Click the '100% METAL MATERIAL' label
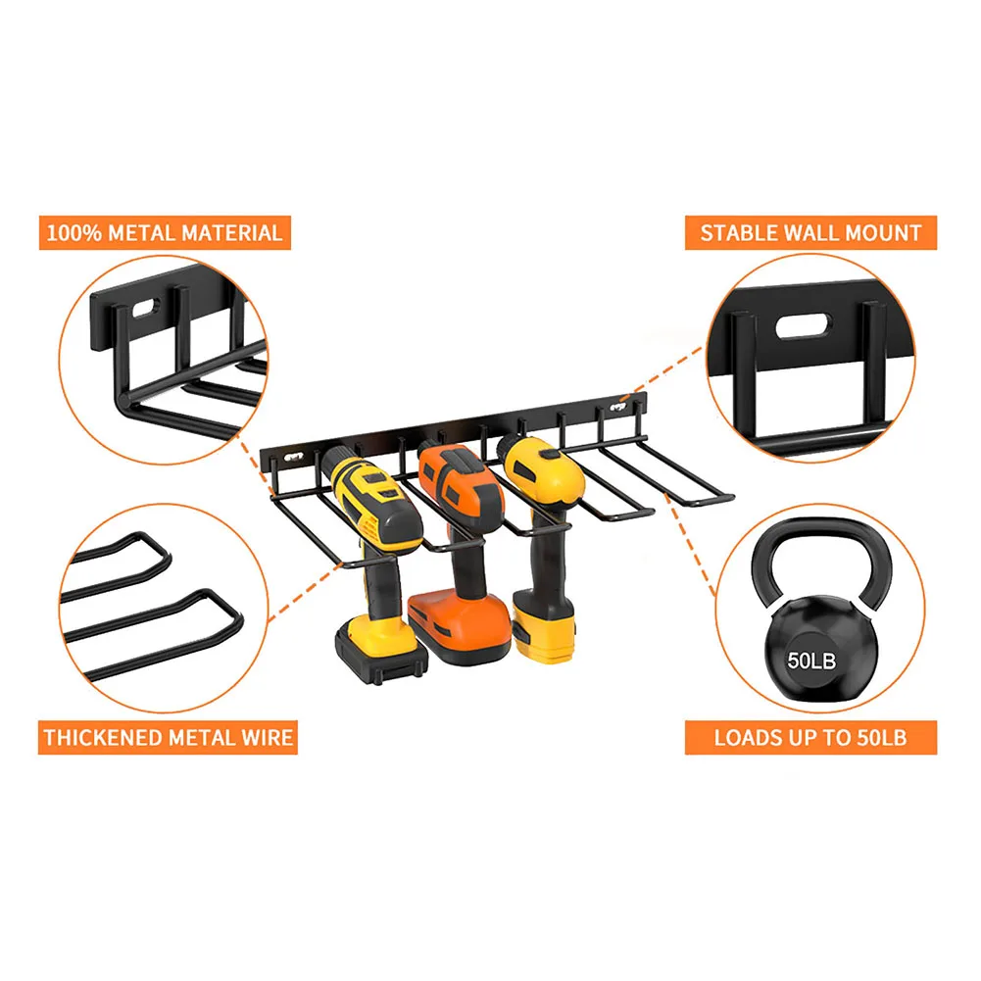pyautogui.click(x=166, y=232)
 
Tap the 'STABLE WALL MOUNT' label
pyautogui.click(x=810, y=232)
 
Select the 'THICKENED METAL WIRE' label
pyautogui.click(x=168, y=738)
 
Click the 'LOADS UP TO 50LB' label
pyautogui.click(x=810, y=738)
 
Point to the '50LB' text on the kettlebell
pyautogui.click(x=811, y=661)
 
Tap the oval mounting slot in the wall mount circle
pyautogui.click(x=804, y=326)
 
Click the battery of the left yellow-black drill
pyautogui.click(x=381, y=651)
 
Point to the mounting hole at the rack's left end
pyautogui.click(x=292, y=458)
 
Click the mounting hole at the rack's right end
pyautogui.click(x=617, y=408)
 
